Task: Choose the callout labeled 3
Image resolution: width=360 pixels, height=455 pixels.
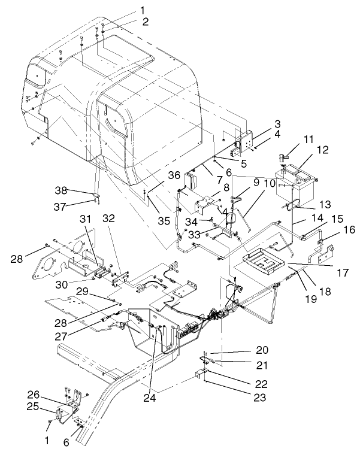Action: [260, 123]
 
